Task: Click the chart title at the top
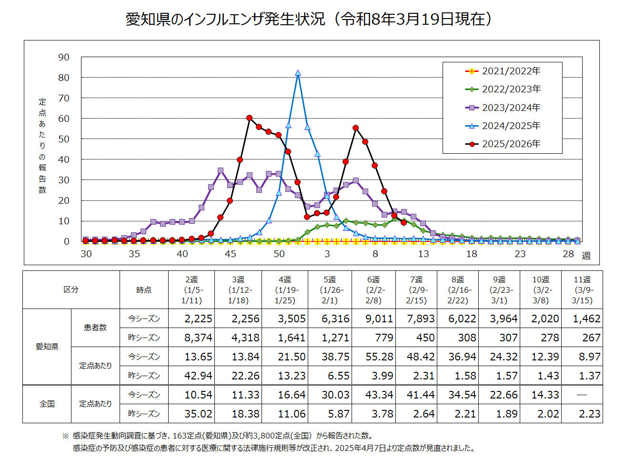point(309,19)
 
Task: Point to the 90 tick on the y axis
point(64,57)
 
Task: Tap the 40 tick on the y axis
point(64,159)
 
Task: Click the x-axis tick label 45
point(231,254)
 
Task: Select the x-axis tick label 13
point(423,254)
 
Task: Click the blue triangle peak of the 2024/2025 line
point(298,73)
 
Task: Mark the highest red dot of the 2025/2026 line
point(250,118)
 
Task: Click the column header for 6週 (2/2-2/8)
point(373,290)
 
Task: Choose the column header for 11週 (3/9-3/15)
point(582,290)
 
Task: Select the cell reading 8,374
point(198,338)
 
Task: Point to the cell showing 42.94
point(198,376)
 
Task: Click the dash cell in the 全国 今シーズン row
point(582,395)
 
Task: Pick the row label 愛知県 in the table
point(47,347)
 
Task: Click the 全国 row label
point(47,404)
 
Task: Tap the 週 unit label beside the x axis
point(586,256)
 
